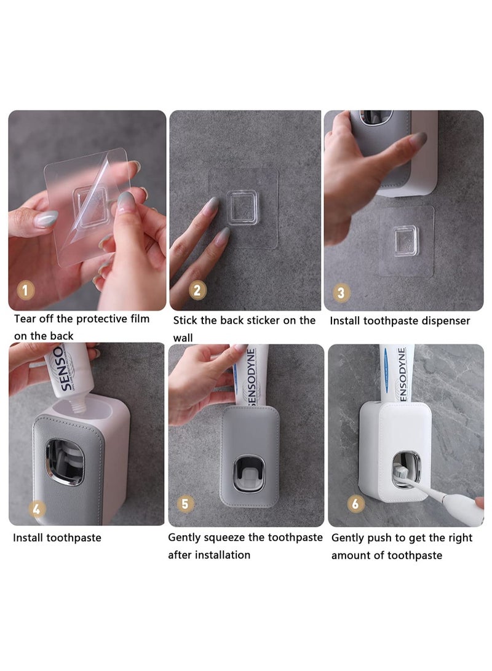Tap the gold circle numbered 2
197,289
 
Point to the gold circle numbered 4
38,509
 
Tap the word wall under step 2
183,338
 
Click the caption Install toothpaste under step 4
57,538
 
